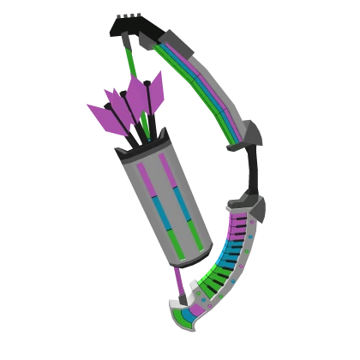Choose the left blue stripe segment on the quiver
(158, 209)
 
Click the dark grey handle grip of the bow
(250, 176)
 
